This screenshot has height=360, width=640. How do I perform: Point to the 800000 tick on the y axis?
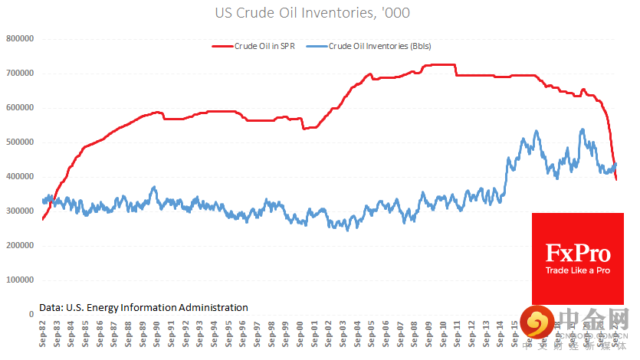click(x=21, y=38)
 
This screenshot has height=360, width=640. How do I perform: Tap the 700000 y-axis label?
click(x=21, y=73)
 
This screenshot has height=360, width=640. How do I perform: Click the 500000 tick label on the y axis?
click(x=21, y=142)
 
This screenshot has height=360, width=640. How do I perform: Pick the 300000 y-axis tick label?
click(x=21, y=211)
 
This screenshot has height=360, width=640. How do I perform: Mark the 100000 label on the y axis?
click(x=21, y=280)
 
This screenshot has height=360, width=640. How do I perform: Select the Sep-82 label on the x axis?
click(x=44, y=333)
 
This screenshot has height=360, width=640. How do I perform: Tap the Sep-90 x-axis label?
click(x=157, y=333)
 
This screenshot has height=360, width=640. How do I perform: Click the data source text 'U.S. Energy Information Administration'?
click(x=143, y=307)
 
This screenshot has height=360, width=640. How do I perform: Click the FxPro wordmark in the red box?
click(x=577, y=254)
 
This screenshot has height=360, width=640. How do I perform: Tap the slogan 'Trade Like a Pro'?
click(x=577, y=271)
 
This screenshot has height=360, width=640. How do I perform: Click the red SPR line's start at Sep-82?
click(x=43, y=219)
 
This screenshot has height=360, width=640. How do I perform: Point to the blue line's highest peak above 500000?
click(x=582, y=129)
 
